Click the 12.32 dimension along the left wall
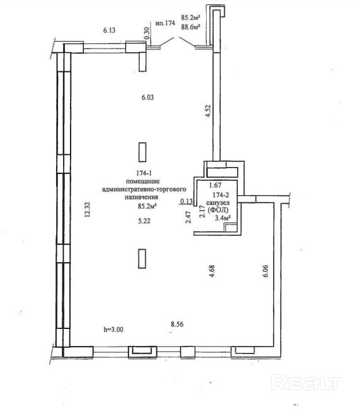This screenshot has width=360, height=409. point(87,209)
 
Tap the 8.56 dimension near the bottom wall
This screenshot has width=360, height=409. point(177,324)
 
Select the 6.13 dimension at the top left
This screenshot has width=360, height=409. point(109,30)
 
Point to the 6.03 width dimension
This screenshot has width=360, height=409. point(148,97)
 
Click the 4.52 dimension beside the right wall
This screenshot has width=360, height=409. point(208,111)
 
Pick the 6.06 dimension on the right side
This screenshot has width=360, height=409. point(265,271)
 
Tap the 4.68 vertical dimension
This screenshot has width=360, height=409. point(212,271)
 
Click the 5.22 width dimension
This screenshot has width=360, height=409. point(144,221)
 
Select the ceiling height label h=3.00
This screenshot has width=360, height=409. point(113,330)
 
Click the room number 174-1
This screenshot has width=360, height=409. point(144,173)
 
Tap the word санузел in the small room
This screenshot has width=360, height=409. point(218,203)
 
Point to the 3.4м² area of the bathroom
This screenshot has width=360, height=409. point(224,218)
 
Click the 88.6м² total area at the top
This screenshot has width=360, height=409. point(190,26)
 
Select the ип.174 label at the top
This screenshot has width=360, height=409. point(165,23)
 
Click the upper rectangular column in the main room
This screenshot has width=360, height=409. point(142,152)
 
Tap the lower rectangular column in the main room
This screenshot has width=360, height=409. point(142,259)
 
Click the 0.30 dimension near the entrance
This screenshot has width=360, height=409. point(147,33)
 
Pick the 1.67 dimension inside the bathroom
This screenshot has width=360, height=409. point(216,185)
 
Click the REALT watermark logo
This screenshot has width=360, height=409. point(306,383)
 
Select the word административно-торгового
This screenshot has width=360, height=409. point(144,189)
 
